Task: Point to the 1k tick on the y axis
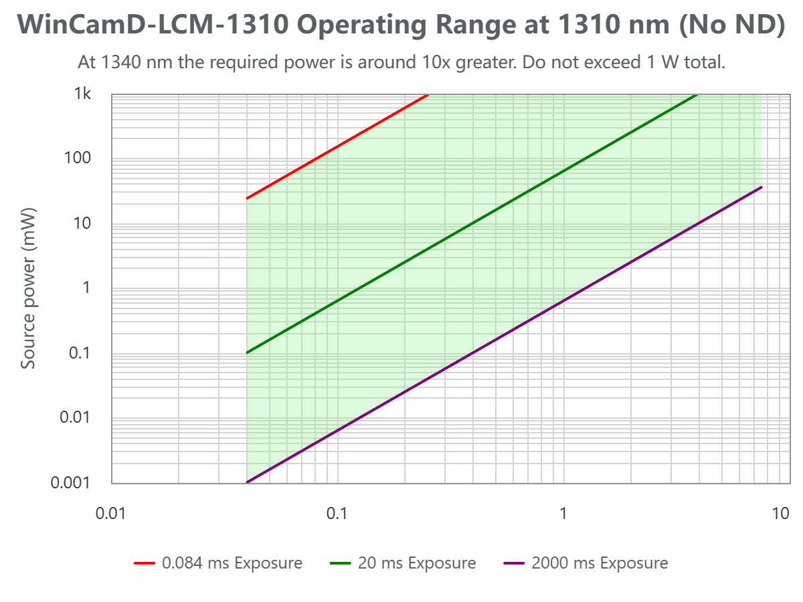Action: (x=82, y=94)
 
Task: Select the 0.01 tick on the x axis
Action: (x=111, y=514)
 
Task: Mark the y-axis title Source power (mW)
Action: (x=28, y=288)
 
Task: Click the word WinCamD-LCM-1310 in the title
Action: (x=153, y=25)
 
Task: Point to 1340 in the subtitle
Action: (x=117, y=63)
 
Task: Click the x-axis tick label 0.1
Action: (x=337, y=514)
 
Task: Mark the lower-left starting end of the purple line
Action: (x=248, y=482)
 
